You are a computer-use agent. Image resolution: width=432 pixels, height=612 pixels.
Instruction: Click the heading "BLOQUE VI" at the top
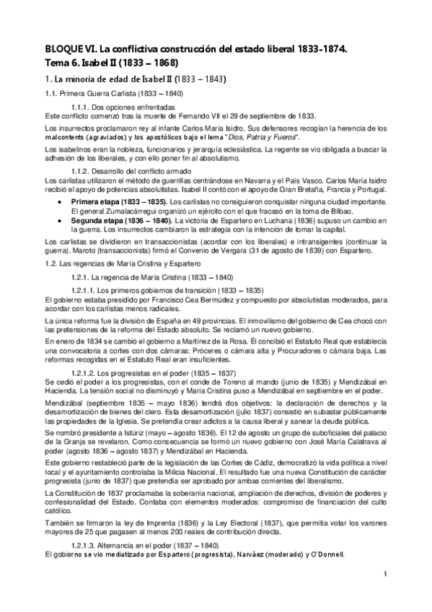[x=72, y=49]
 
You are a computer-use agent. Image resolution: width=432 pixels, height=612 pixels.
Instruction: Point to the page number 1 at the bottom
[x=386, y=574]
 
